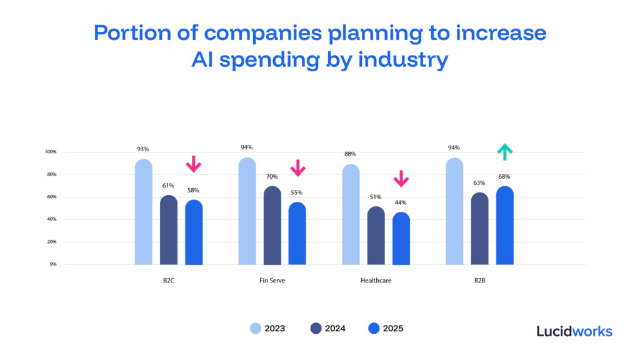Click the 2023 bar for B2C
pyautogui.click(x=143, y=212)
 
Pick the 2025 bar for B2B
pyautogui.click(x=504, y=226)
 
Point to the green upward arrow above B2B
pyautogui.click(x=504, y=152)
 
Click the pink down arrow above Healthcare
pyautogui.click(x=401, y=179)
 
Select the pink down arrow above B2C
pyautogui.click(x=194, y=164)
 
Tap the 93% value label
pyautogui.click(x=143, y=149)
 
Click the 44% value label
pyautogui.click(x=401, y=202)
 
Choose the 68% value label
pyautogui.click(x=504, y=176)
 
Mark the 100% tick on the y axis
pyautogui.click(x=51, y=152)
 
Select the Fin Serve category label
pyautogui.click(x=272, y=281)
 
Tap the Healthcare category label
pyautogui.click(x=376, y=281)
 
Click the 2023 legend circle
pyautogui.click(x=256, y=328)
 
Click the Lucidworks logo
pyautogui.click(x=574, y=331)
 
